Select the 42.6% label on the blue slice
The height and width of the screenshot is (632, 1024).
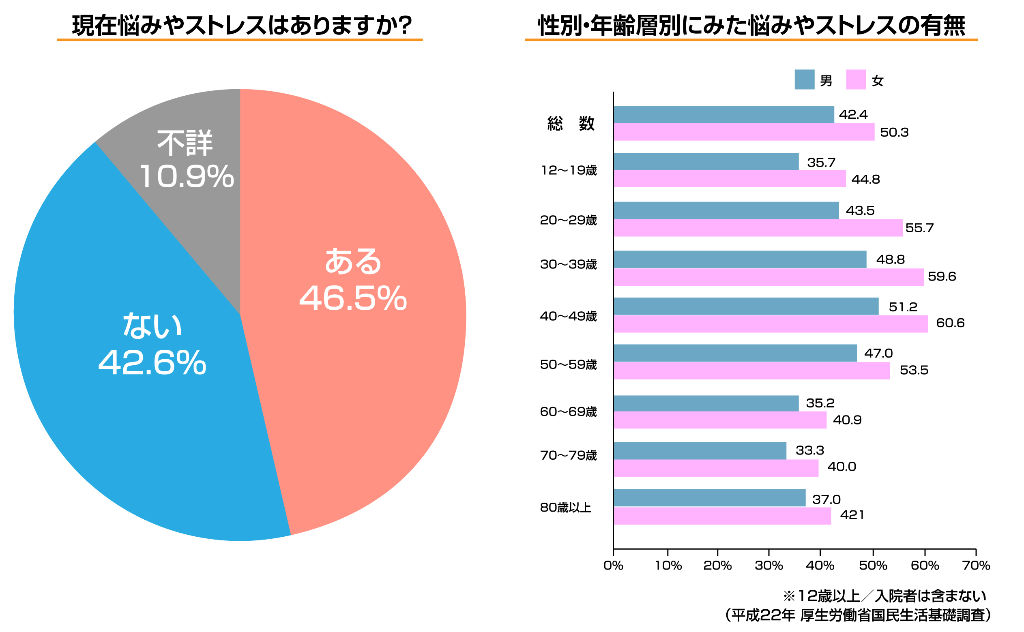152,362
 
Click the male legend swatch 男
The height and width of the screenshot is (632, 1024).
804,79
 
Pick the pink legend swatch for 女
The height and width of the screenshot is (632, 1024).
855,79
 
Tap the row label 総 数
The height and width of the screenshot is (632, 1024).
570,123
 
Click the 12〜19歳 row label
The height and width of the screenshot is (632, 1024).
568,170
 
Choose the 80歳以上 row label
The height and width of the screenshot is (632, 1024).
565,507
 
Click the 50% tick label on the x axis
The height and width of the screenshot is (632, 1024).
873,566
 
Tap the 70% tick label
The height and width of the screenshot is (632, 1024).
975,566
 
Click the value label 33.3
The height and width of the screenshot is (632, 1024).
809,450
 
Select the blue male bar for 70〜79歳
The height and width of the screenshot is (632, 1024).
699,451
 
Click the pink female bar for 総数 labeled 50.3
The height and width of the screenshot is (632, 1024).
743,132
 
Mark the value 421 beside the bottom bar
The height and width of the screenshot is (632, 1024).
851,514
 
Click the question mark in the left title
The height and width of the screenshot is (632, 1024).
403,25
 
